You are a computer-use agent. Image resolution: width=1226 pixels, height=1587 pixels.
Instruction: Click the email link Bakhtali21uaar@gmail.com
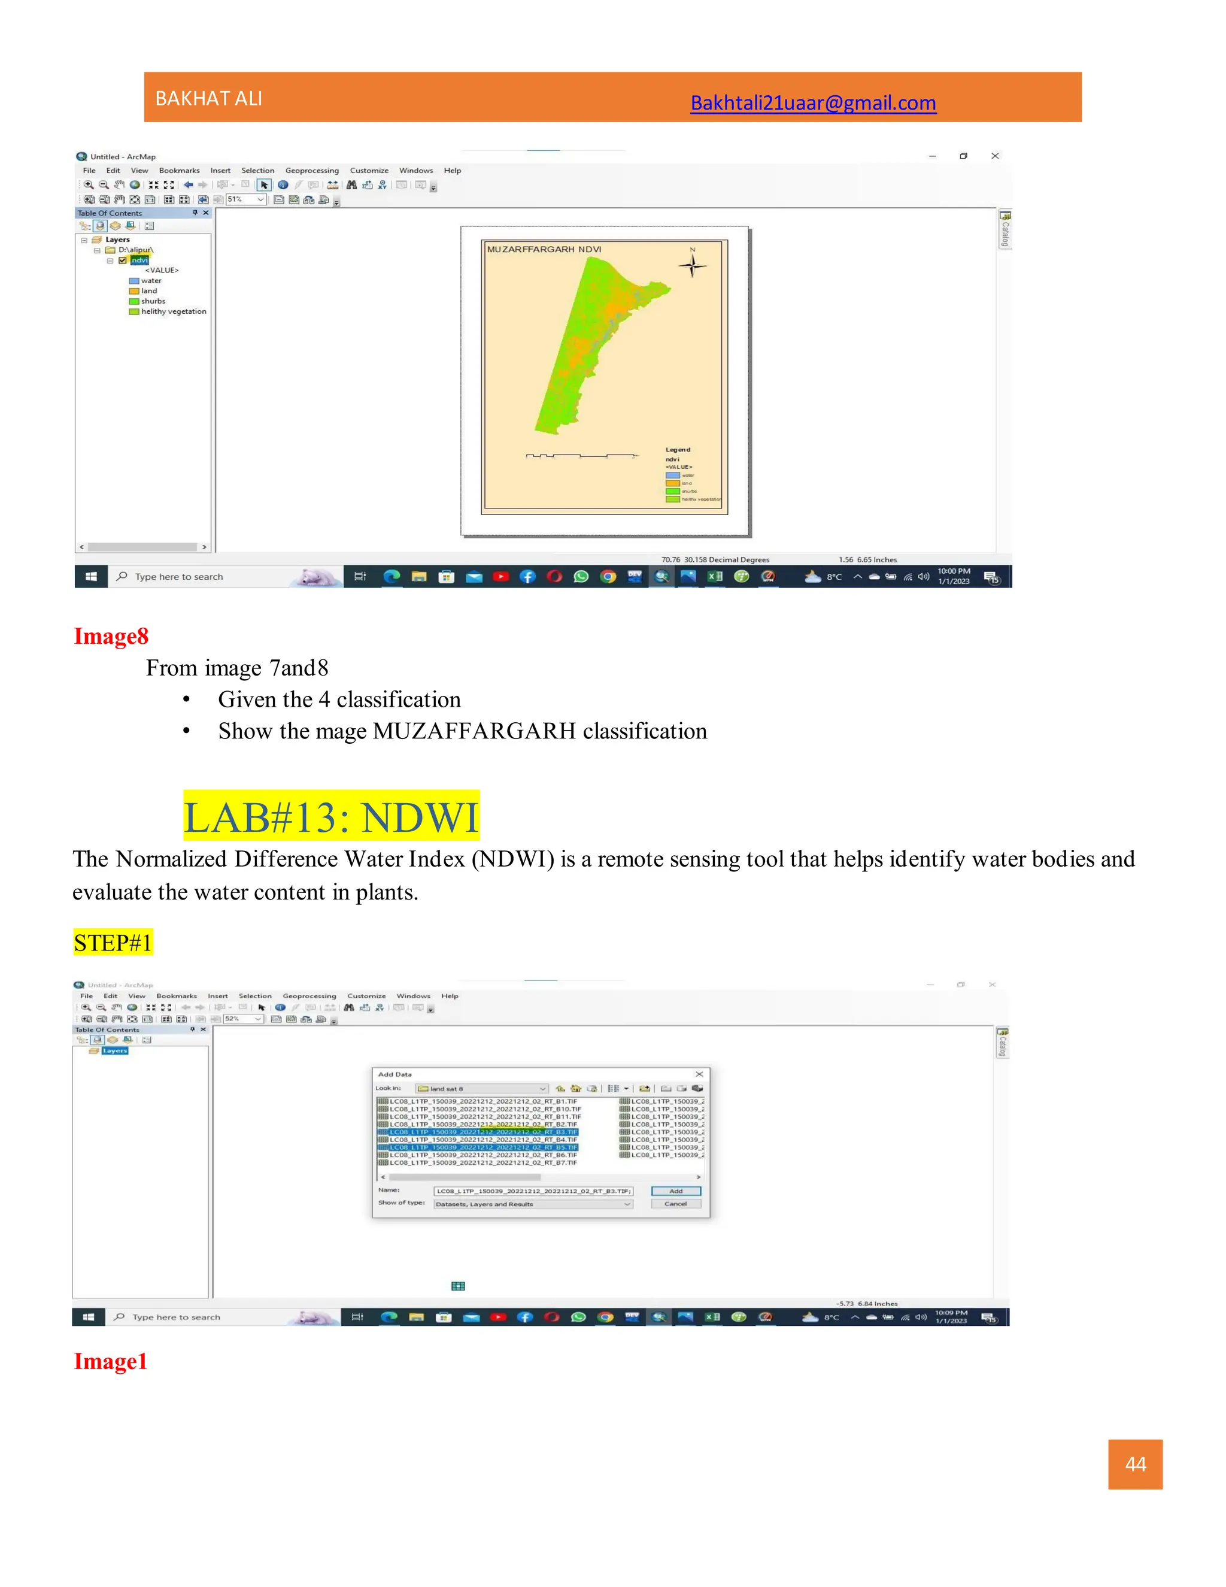coord(813,103)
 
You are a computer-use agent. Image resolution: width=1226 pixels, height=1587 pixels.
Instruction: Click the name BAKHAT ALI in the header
coord(208,99)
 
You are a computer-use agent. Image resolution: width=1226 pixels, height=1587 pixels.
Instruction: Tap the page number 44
coord(1135,1464)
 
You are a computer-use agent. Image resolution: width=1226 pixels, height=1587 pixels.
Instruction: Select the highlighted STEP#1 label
coord(113,943)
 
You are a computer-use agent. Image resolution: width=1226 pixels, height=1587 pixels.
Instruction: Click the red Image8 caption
coord(111,636)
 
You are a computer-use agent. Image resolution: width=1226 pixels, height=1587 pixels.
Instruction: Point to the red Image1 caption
coord(110,1361)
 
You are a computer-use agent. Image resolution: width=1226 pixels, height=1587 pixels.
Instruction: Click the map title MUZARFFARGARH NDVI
coord(544,249)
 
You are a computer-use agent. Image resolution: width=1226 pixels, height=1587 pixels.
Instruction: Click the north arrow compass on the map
coord(692,266)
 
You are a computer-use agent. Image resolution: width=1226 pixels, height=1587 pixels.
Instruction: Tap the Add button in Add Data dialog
coord(675,1191)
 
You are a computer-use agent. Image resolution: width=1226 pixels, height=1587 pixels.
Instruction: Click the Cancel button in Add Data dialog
coord(675,1204)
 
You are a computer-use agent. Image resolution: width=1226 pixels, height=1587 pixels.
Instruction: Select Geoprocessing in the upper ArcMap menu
coord(311,171)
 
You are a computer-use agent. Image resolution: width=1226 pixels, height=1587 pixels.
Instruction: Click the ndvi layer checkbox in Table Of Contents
coord(123,260)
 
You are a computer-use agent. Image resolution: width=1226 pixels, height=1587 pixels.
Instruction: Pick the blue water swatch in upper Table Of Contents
coord(133,280)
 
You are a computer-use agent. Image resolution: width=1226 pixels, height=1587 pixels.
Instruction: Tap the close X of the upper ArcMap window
coord(995,156)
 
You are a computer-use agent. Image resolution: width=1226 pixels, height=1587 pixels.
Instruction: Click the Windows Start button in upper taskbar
coord(91,576)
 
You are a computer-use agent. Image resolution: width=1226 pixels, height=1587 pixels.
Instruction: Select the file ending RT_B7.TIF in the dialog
coord(483,1162)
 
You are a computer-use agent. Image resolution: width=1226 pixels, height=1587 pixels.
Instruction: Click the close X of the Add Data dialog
coord(699,1074)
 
